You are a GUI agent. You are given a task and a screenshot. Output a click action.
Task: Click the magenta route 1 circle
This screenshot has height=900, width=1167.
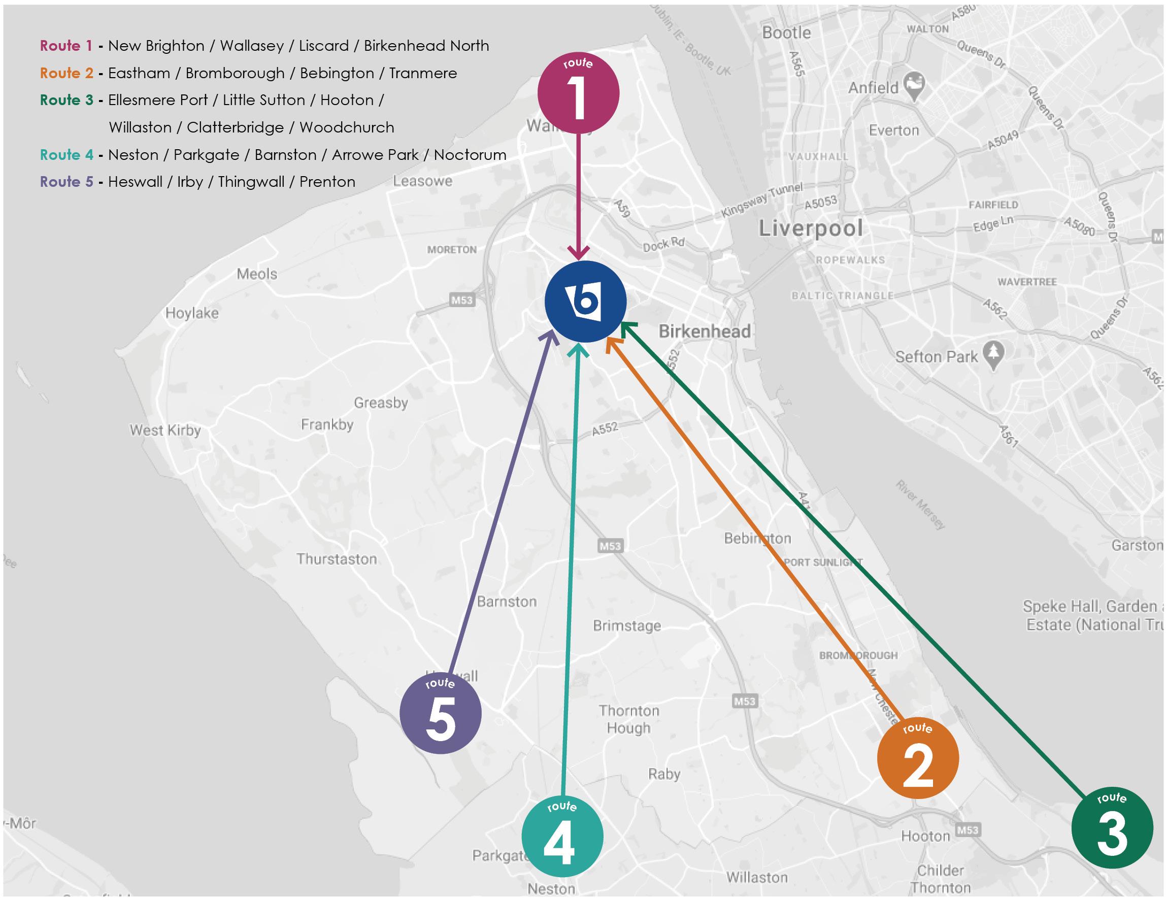click(x=578, y=93)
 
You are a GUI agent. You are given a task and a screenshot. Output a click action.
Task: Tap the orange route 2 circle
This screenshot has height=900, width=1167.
click(x=917, y=758)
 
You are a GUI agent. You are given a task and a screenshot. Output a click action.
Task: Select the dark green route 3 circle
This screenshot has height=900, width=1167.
click(x=1112, y=827)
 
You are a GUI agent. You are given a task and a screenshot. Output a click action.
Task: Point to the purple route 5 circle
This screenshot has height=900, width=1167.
click(x=440, y=713)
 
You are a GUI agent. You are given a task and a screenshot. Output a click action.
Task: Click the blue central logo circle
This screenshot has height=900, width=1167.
click(x=586, y=302)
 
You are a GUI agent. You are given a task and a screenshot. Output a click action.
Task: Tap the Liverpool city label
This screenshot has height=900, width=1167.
click(x=811, y=229)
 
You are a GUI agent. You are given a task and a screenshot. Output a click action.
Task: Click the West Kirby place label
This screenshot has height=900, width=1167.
click(x=165, y=430)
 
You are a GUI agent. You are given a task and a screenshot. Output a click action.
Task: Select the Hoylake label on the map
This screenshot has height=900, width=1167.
click(x=192, y=313)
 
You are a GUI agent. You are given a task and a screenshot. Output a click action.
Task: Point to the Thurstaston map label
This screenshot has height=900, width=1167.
click(x=337, y=559)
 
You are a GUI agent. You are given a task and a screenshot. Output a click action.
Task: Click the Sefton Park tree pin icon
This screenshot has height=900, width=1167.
click(x=993, y=354)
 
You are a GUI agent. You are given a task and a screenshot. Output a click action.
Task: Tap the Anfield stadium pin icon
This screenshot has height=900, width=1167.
click(x=914, y=85)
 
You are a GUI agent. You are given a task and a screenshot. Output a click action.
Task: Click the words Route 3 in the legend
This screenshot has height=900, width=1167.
click(x=66, y=100)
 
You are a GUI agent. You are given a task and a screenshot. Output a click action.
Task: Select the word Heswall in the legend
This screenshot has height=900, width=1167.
click(x=135, y=182)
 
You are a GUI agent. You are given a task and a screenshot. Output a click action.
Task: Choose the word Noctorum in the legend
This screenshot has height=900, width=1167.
click(x=470, y=155)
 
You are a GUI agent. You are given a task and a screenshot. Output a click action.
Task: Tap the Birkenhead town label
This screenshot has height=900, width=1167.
click(x=704, y=331)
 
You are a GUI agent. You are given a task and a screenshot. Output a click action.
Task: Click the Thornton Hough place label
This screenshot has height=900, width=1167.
click(x=629, y=719)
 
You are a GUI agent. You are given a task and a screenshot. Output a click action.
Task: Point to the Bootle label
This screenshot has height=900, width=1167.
click(x=786, y=32)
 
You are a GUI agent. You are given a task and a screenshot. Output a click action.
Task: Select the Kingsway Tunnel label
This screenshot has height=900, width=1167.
click(x=761, y=200)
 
